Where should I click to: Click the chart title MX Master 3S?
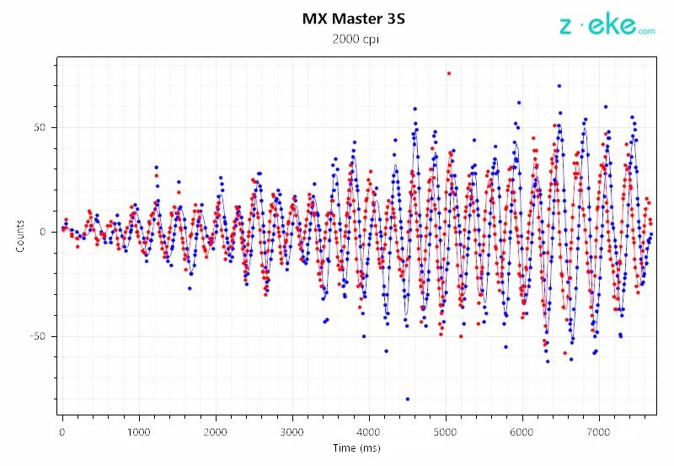353,18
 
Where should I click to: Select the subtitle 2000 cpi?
353,39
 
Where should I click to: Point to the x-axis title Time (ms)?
356,447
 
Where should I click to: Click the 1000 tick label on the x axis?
139,431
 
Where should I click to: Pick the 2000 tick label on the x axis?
216,431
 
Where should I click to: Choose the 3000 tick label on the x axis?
292,431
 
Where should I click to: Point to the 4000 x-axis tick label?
369,431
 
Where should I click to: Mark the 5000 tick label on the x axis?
446,431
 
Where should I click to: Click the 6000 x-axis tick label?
522,431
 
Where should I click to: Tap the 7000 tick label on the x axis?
599,431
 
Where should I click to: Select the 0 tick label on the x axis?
62,431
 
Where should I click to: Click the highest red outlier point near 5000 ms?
449,73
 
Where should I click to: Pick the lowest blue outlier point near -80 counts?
408,399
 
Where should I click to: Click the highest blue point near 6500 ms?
559,85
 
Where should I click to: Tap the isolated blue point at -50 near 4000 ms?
364,336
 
